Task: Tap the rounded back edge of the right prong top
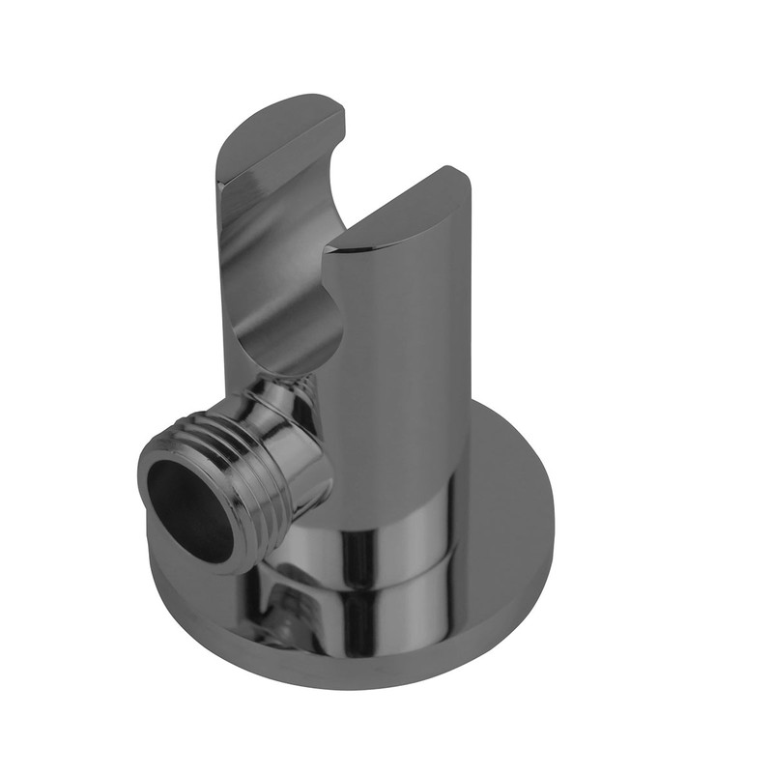[454, 179]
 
